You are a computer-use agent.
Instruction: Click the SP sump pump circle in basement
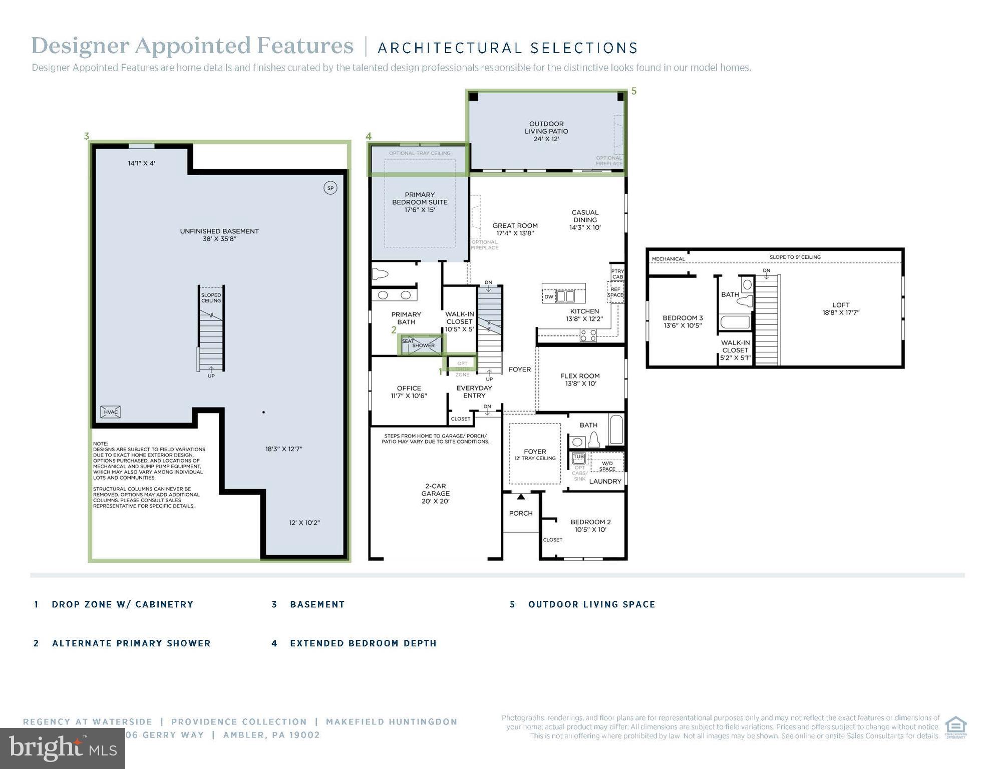(330, 188)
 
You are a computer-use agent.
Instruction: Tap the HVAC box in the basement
(110, 412)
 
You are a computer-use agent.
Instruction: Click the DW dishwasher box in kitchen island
(549, 296)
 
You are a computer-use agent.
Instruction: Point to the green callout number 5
(633, 91)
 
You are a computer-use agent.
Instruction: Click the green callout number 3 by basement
(87, 136)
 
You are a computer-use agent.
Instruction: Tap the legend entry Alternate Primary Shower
(131, 643)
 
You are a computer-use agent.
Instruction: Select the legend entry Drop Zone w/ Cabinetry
(122, 604)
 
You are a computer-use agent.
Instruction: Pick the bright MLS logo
(62, 748)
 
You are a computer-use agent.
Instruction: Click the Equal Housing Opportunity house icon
(955, 726)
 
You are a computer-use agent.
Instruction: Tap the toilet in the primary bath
(381, 274)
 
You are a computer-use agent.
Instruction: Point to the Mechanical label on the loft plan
(668, 259)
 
